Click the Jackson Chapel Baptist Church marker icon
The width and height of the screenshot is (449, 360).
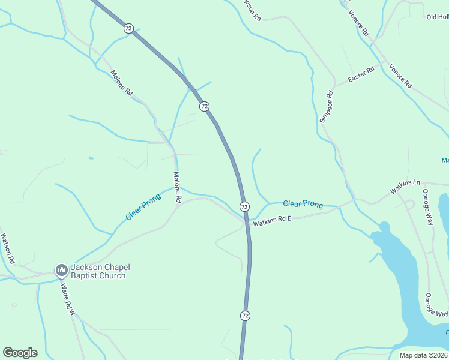pos(61,271)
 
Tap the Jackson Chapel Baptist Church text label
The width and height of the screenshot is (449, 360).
pos(98,271)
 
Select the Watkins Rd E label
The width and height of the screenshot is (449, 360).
pos(272,221)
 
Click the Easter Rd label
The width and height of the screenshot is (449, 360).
pos(361,75)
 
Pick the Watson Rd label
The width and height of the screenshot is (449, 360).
pos(7,249)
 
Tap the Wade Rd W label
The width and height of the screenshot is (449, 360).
pos(66,300)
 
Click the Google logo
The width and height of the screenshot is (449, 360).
pos(20,353)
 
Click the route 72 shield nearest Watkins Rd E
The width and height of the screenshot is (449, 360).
pos(244,206)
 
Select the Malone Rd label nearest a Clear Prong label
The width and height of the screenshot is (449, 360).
pos(178,187)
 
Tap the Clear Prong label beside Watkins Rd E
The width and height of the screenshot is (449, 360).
pos(303,204)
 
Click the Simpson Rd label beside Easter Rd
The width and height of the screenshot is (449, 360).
pos(326,107)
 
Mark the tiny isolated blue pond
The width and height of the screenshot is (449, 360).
pos(90,158)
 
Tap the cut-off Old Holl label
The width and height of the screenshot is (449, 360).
pos(437,17)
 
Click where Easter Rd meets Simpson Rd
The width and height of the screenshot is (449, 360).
pos(334,86)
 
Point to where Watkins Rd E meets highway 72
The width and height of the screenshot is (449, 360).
pos(246,223)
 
